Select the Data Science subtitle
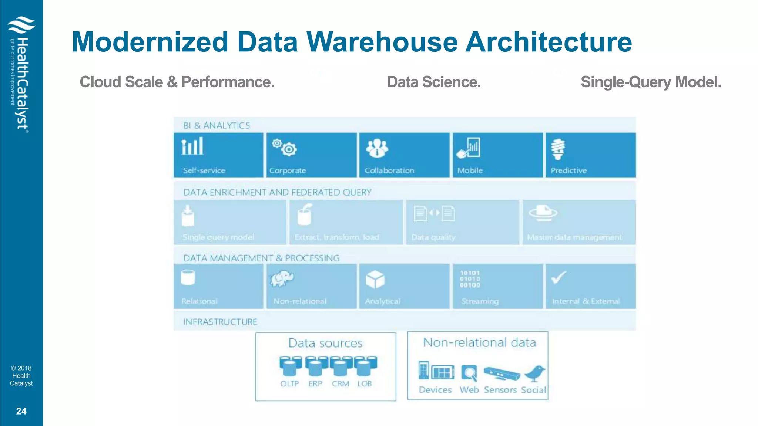coord(433,82)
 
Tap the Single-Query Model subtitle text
coord(651,82)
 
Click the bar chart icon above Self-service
coord(192,146)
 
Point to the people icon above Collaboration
coord(377,148)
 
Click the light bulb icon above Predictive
coord(558,149)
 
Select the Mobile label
coord(470,170)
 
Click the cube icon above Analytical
coord(375,279)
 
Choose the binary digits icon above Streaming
coord(470,279)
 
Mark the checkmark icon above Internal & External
coord(559,277)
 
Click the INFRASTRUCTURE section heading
coord(220,322)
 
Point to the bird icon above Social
coord(535,373)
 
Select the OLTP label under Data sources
coord(289,384)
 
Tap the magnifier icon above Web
coord(469,373)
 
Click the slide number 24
coord(21,411)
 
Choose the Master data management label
coord(574,237)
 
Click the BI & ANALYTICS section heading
coord(217,126)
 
